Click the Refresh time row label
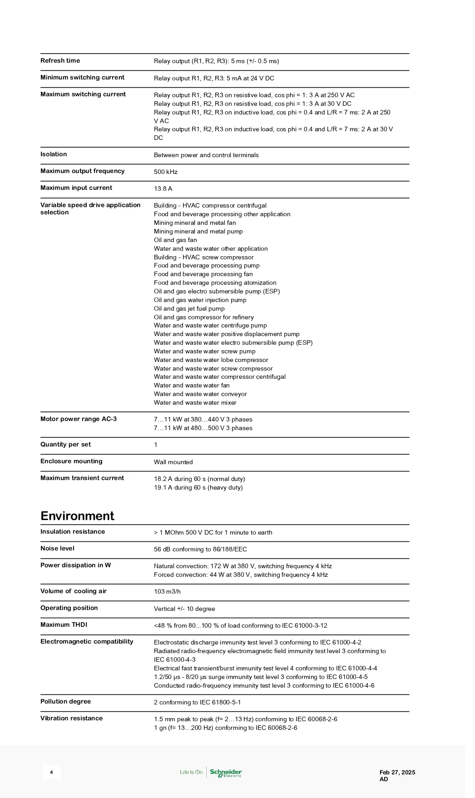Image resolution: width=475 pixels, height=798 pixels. [60, 61]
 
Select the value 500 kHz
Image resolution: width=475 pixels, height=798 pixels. [166, 172]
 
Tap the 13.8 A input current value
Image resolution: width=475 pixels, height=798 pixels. [163, 189]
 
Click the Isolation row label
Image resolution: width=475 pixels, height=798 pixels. [54, 154]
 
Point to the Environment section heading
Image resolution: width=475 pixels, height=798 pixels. [77, 516]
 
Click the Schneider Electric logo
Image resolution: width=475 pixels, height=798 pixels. [226, 773]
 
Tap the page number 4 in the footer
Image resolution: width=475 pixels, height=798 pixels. [51, 772]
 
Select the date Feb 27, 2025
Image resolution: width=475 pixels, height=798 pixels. [397, 772]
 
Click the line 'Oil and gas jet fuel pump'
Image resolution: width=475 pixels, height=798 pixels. [189, 309]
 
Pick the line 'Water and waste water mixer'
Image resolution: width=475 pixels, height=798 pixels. [195, 403]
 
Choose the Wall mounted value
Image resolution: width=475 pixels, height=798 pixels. [173, 462]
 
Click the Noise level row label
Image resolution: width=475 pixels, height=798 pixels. [57, 549]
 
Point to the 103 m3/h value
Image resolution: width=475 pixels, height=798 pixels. [167, 592]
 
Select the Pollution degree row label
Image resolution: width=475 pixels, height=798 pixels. [65, 702]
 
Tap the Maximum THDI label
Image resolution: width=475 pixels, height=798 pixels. [64, 625]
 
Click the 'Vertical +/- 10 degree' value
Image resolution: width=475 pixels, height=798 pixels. [184, 609]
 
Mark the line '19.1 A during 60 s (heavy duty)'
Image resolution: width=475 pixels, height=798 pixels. [198, 488]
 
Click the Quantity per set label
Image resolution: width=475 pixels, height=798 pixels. [65, 445]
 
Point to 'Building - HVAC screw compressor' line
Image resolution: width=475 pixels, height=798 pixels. [203, 258]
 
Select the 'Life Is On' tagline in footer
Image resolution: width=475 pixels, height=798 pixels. [191, 772]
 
